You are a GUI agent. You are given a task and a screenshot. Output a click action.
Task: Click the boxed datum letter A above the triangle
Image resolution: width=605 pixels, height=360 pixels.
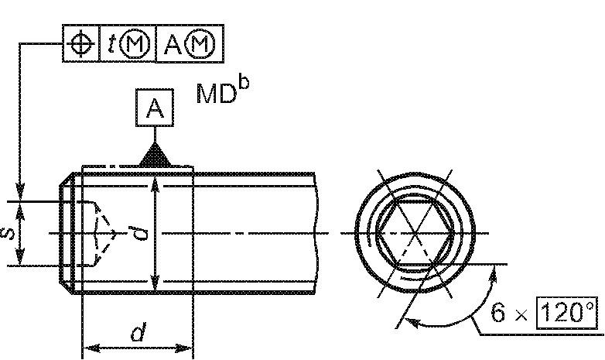point(155,109)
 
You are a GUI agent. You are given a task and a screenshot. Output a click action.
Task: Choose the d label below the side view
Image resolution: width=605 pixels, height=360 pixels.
point(137,334)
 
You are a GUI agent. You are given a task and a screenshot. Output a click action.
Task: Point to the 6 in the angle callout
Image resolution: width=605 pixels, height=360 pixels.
point(501,314)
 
